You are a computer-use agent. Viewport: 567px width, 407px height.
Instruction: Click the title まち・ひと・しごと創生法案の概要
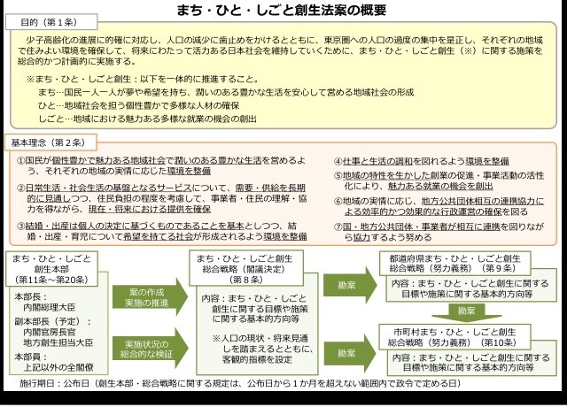pos(283,12)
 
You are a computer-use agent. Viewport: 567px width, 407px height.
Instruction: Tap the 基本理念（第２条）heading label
pos(49,142)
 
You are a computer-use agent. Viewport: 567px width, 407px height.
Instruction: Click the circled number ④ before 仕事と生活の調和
pos(338,162)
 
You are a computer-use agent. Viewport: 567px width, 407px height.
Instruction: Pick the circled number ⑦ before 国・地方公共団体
pos(338,227)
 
